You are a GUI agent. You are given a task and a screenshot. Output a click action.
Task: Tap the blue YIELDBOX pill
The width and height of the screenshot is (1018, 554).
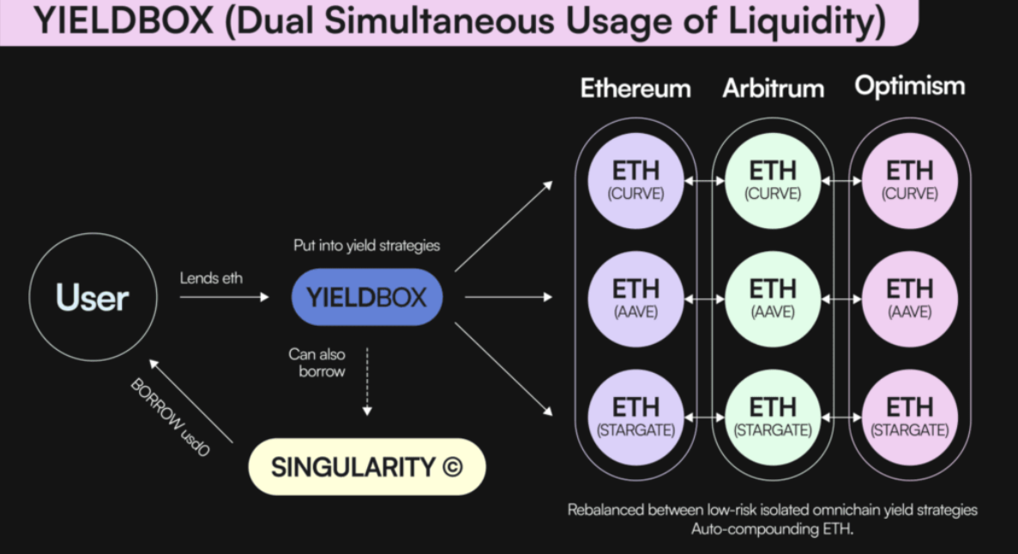click(367, 298)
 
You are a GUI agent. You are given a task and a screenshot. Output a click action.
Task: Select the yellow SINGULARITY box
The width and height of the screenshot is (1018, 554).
click(367, 467)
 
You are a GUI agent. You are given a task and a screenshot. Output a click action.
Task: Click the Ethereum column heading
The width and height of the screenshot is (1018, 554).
click(635, 88)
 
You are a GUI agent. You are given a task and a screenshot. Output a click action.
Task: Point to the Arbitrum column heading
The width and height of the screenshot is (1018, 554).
click(774, 88)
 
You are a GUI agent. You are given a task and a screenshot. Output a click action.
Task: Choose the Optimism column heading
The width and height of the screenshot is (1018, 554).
click(910, 87)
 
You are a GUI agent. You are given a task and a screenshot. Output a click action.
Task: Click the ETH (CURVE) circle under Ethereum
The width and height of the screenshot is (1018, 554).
click(635, 181)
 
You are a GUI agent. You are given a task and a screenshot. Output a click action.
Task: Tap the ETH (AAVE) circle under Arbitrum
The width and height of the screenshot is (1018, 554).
click(773, 298)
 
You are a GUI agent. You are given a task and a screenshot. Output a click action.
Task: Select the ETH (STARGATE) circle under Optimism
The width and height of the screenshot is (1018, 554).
click(910, 417)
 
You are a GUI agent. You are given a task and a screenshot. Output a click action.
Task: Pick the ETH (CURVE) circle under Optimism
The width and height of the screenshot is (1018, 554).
click(910, 181)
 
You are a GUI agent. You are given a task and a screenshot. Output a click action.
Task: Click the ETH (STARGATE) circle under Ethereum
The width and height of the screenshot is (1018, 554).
click(635, 417)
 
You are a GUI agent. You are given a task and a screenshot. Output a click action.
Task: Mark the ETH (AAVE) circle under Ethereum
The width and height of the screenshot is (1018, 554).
click(635, 298)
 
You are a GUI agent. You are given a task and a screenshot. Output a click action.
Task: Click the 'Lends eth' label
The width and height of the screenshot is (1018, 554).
click(211, 278)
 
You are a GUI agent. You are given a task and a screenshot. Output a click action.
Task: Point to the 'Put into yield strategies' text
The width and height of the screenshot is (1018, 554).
click(367, 245)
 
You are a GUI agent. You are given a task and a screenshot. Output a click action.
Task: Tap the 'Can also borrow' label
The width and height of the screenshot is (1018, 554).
click(317, 363)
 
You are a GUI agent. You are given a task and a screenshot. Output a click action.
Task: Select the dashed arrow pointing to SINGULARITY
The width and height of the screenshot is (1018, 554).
click(367, 382)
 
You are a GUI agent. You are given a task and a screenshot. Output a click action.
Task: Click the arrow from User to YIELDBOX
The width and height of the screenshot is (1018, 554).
click(224, 297)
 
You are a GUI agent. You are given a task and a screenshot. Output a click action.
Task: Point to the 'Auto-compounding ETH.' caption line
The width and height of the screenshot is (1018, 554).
click(772, 528)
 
